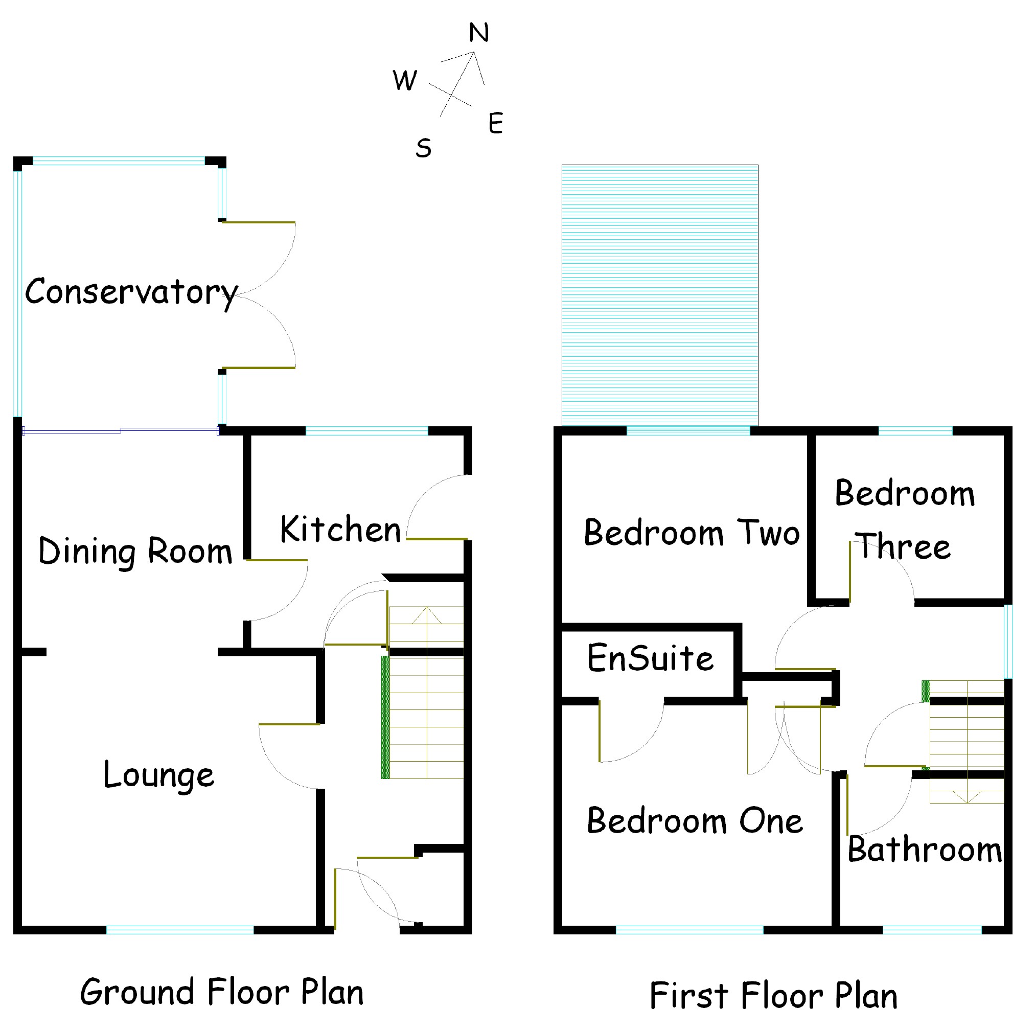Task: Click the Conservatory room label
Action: [131, 292]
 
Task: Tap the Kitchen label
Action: [340, 530]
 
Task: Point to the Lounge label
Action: [158, 775]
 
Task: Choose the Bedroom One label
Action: [695, 821]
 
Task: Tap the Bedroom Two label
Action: [692, 533]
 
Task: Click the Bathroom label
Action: [924, 850]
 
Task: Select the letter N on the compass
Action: [478, 33]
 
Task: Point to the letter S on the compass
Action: [423, 148]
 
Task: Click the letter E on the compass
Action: [496, 123]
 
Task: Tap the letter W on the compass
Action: [404, 80]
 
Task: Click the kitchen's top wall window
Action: [367, 431]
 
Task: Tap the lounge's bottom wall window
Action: [180, 930]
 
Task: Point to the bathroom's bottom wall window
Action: [932, 930]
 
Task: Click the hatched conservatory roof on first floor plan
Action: [659, 295]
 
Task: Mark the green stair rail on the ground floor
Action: [385, 717]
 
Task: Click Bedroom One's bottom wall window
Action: [689, 930]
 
